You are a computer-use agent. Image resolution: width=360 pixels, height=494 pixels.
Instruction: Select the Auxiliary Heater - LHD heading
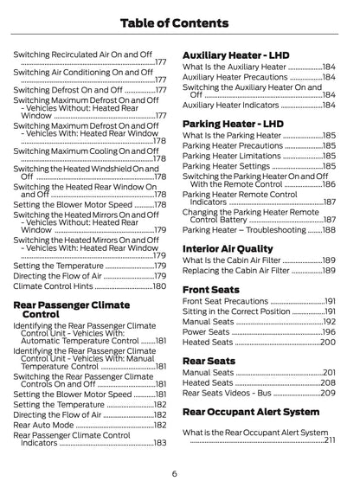tap(235, 55)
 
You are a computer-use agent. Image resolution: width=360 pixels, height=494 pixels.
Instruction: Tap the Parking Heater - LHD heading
tap(231, 123)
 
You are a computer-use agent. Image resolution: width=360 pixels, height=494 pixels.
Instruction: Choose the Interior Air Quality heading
tap(229, 247)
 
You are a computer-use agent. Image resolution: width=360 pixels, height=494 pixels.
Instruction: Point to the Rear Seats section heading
tap(210, 360)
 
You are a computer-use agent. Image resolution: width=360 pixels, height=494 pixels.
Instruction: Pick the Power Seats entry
tap(208, 331)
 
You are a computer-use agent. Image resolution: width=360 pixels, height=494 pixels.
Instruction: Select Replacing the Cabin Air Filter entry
tap(238, 271)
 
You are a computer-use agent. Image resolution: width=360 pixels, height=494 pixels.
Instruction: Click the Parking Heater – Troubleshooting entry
tap(245, 229)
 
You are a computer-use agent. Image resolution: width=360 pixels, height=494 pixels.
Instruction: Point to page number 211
tap(330, 439)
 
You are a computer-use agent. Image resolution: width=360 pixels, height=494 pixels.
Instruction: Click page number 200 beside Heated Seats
tap(327, 342)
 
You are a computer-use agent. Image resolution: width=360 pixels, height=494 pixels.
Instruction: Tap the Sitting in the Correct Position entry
tap(236, 311)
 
